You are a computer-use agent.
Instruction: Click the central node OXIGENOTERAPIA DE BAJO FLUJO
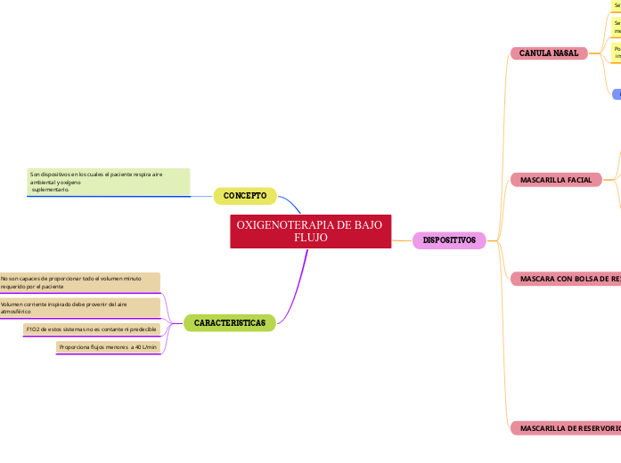[x=310, y=231]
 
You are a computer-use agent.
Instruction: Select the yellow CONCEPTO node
[x=245, y=196]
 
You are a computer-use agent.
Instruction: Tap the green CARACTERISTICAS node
[x=230, y=323]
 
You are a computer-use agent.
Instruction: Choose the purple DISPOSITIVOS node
[x=449, y=240]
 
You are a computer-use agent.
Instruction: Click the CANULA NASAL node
[x=549, y=53]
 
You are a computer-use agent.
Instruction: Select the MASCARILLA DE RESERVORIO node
[x=567, y=428]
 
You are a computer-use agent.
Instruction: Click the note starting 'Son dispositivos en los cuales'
[x=108, y=182]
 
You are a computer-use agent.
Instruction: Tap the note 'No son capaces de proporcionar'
[x=79, y=283]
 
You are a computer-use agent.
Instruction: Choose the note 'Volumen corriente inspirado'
[x=79, y=308]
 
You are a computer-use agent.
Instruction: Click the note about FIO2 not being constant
[x=92, y=329]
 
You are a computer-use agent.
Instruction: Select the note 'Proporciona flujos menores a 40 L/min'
[x=108, y=347]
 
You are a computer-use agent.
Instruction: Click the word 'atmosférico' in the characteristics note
[x=16, y=313]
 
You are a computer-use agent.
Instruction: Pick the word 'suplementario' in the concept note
[x=50, y=190]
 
